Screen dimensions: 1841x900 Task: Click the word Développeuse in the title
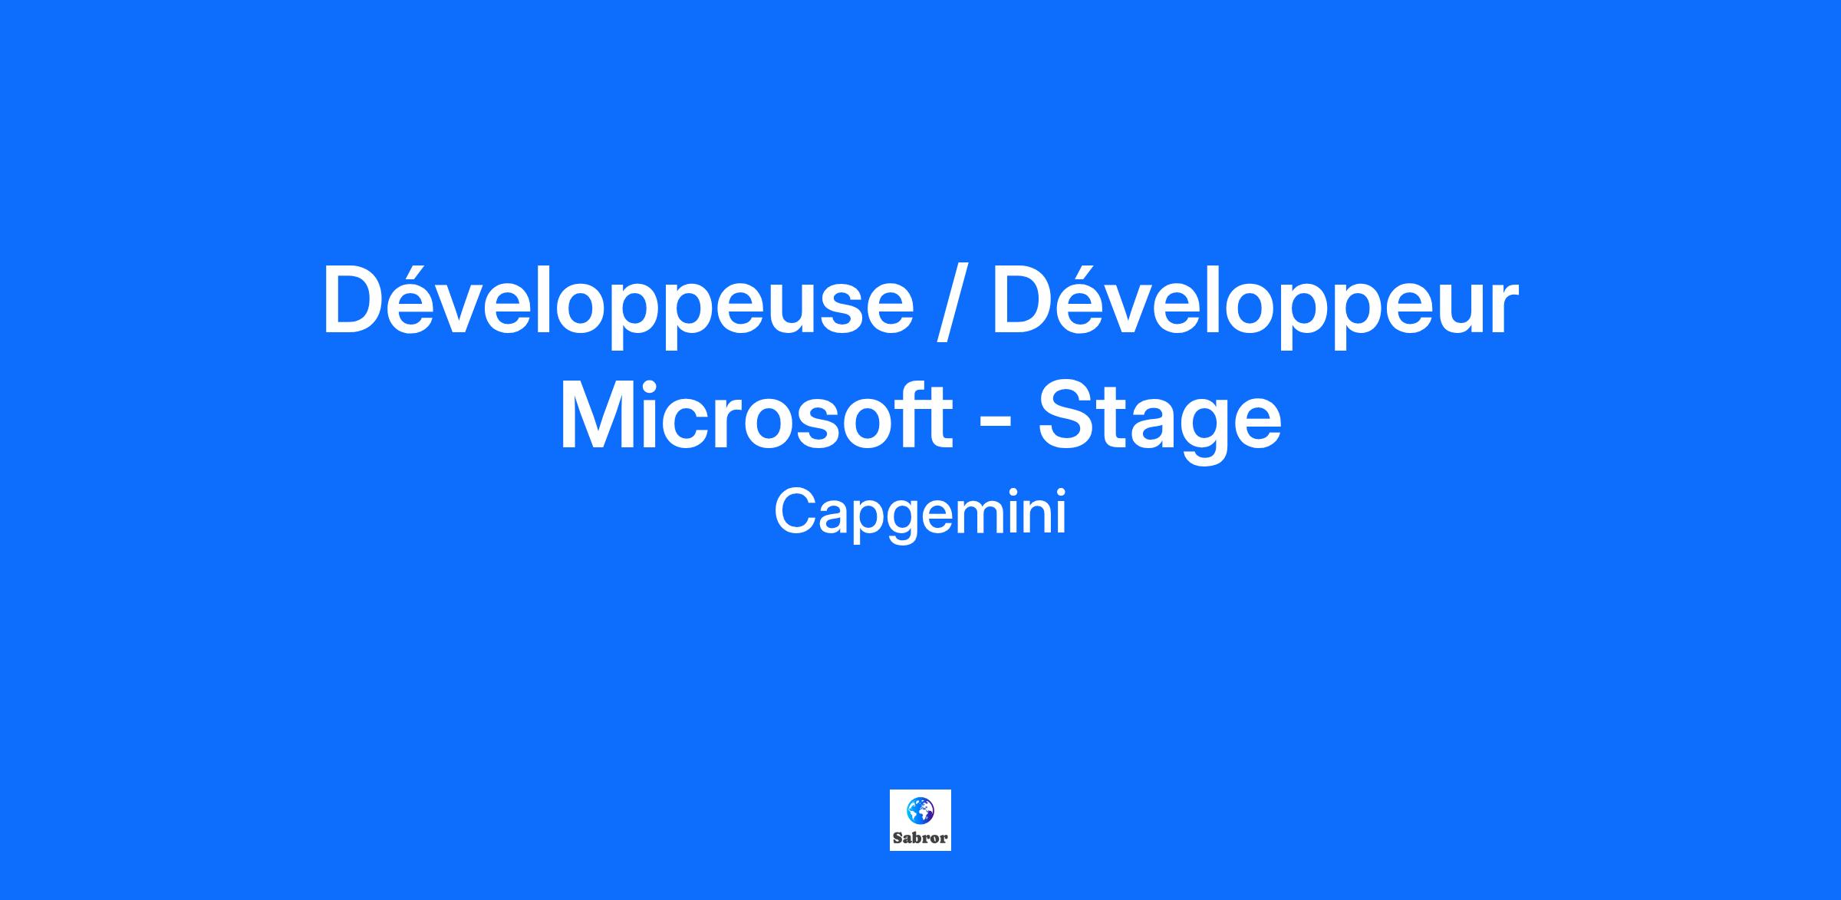click(x=618, y=305)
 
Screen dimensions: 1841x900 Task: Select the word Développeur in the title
click(x=1255, y=305)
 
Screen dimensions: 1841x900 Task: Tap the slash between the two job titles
click(x=953, y=303)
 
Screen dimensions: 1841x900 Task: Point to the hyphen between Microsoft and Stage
click(x=995, y=426)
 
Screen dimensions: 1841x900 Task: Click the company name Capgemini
click(x=920, y=514)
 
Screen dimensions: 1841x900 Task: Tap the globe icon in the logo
click(x=920, y=809)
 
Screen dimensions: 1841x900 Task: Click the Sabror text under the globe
click(x=920, y=838)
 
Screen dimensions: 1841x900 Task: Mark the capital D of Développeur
click(x=1029, y=300)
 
